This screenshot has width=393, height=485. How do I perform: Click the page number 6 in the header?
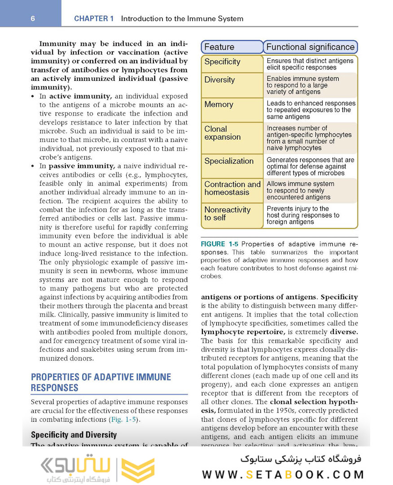tap(33, 18)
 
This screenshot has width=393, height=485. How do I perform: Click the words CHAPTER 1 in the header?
tap(94, 19)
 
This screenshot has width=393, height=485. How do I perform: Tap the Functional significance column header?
tap(310, 47)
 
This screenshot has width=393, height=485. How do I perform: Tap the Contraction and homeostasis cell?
tap(232, 188)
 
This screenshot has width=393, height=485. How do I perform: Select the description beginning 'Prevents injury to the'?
tap(303, 215)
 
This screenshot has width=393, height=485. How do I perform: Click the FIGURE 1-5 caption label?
tap(219, 244)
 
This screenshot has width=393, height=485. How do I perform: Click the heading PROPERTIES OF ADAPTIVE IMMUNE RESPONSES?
tap(100, 382)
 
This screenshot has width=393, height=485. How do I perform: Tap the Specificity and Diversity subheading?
tap(74, 435)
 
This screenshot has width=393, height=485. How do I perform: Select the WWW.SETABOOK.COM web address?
tap(283, 474)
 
